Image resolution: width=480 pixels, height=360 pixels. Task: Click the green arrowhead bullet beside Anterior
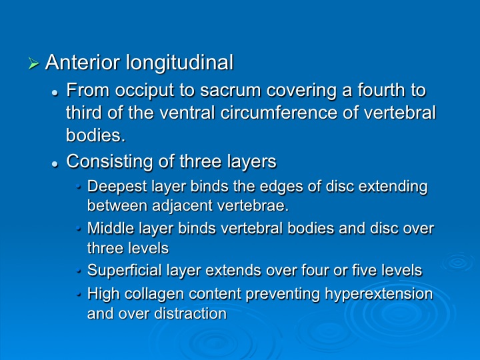coord(33,63)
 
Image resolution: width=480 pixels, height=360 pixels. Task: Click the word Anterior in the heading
coord(83,62)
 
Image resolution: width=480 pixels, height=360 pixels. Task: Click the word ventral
coord(187,113)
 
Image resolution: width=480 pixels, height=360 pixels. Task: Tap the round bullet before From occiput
coord(55,93)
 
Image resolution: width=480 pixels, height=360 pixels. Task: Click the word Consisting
coord(109,161)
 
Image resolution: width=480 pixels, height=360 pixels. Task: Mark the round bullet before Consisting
coord(55,165)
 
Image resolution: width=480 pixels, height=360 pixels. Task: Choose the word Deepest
coord(117,187)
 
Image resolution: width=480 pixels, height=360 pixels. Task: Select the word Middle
coord(111,229)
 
